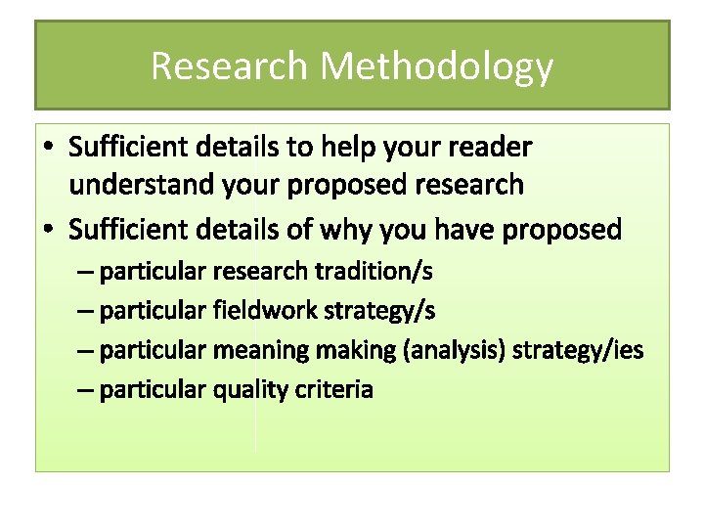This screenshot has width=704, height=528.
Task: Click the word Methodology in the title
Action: (436, 66)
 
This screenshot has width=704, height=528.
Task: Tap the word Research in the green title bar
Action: (230, 66)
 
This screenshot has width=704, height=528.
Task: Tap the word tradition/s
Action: (377, 270)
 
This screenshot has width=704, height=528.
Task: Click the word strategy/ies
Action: (579, 350)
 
